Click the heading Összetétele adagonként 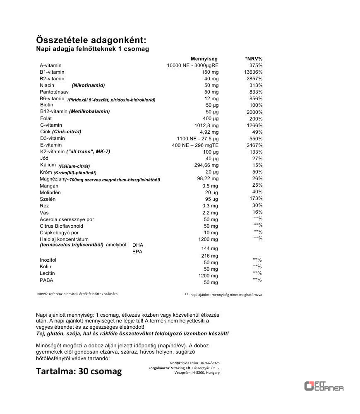click(91, 40)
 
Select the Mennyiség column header click(204, 59)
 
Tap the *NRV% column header click(254, 59)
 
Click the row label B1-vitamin click(52, 72)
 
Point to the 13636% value click(253, 72)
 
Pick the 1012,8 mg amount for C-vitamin click(206, 125)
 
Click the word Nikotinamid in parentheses click(88, 85)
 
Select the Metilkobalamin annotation click(89, 111)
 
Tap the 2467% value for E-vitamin click(254, 145)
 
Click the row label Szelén click(48, 199)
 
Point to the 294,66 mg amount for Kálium click(206, 165)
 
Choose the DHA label click(138, 245)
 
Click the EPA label click(137, 252)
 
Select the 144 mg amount click(209, 248)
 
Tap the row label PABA click(47, 280)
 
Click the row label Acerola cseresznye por click(67, 219)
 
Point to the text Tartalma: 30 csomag click(79, 371)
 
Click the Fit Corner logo click(324, 386)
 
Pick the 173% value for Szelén click(256, 199)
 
